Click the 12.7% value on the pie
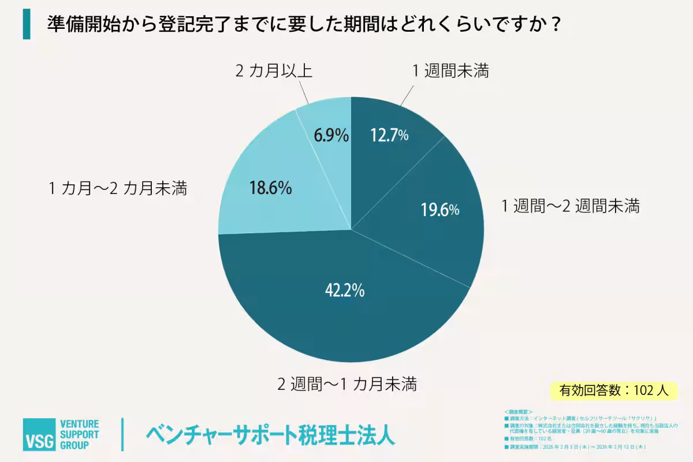point(389,135)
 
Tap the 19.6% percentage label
point(439,210)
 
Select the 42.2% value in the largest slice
point(344,290)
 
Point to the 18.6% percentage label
point(270,188)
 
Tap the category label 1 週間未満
point(450,71)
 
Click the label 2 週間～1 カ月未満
point(347,383)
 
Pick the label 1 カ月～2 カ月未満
point(118,189)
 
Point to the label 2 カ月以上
point(274,71)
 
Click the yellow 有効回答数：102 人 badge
point(614,390)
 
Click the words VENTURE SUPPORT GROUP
point(80,435)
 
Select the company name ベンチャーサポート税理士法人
point(271,435)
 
